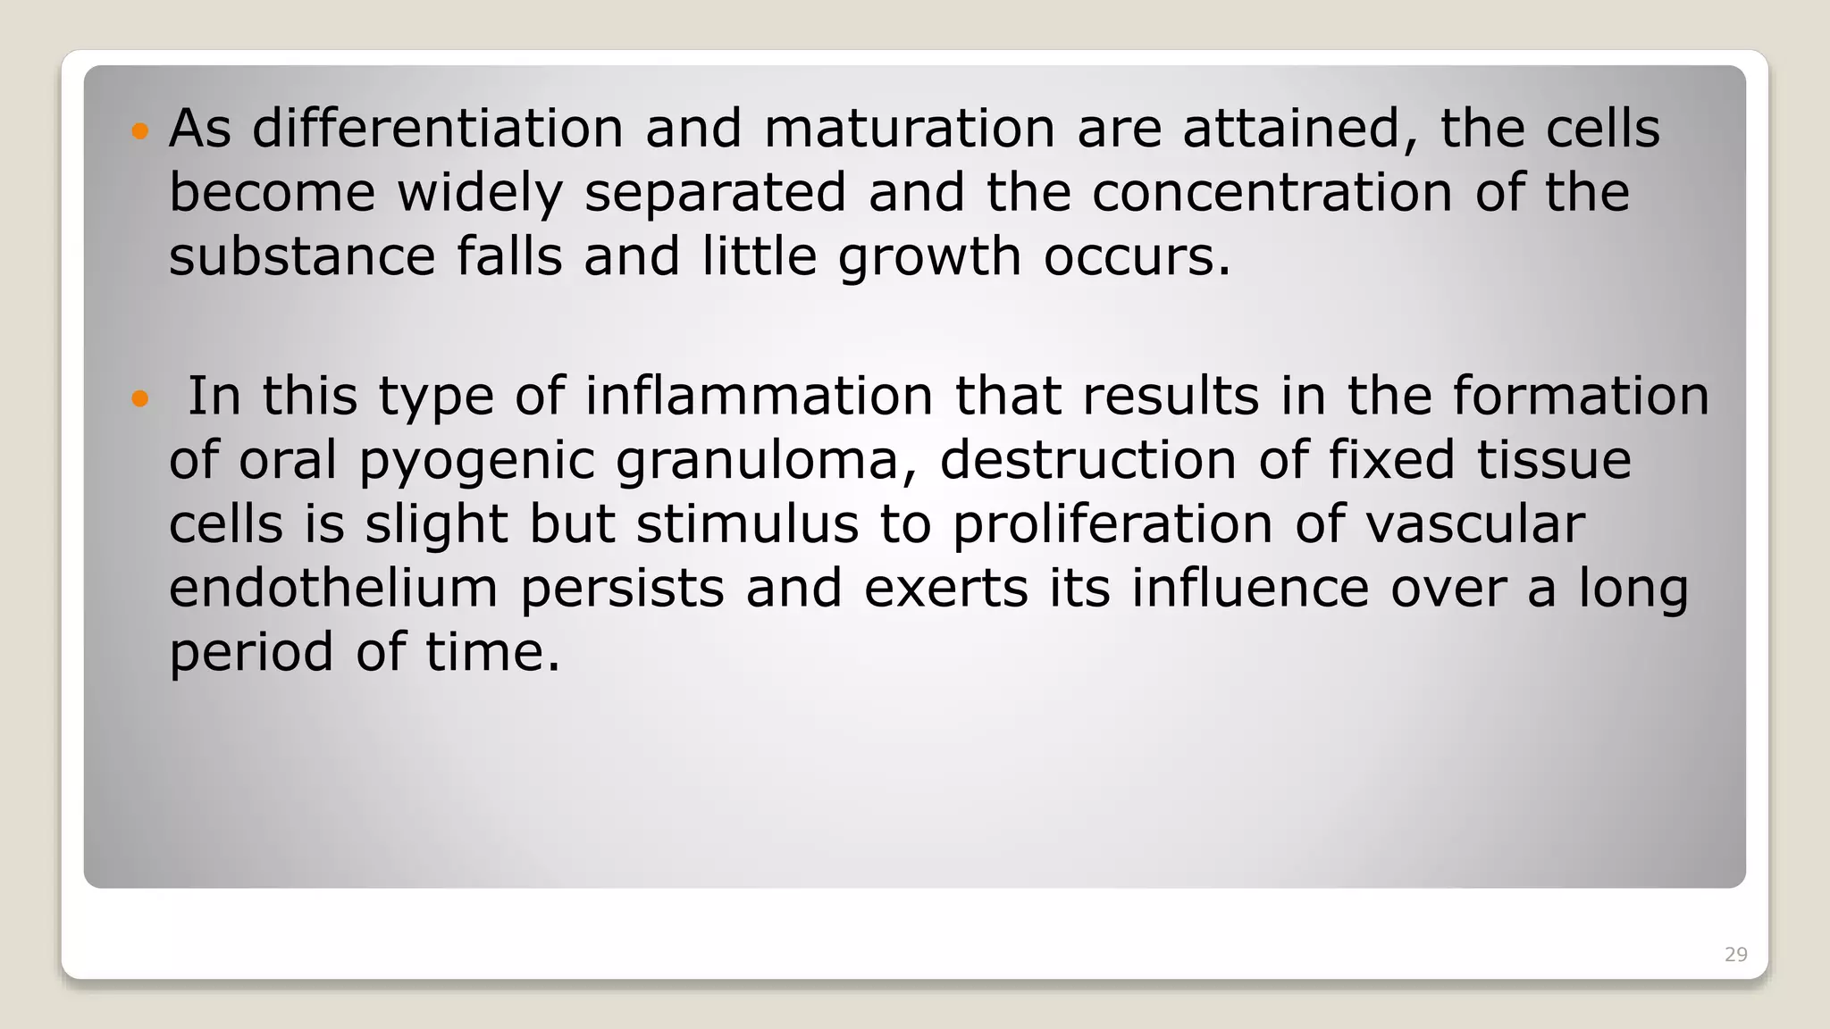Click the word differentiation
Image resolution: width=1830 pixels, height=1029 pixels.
coord(437,128)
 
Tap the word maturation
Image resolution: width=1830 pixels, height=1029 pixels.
coord(910,128)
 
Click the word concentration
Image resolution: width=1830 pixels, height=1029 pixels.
coord(1272,193)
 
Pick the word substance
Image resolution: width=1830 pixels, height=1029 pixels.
coord(302,256)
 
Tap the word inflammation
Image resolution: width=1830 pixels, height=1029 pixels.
coord(759,396)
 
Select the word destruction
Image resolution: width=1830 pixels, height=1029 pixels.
coord(1088,460)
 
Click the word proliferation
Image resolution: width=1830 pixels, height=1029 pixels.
coord(1112,525)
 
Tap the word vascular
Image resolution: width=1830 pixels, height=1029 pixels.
coord(1474,523)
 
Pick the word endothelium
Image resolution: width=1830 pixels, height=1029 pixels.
coord(333,588)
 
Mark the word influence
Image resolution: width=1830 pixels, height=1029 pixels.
coord(1250,588)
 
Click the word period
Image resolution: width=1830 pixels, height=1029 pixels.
coord(251,653)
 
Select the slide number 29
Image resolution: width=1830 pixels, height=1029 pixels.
coord(1735,955)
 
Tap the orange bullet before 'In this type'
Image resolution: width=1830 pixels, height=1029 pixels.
coord(139,398)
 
